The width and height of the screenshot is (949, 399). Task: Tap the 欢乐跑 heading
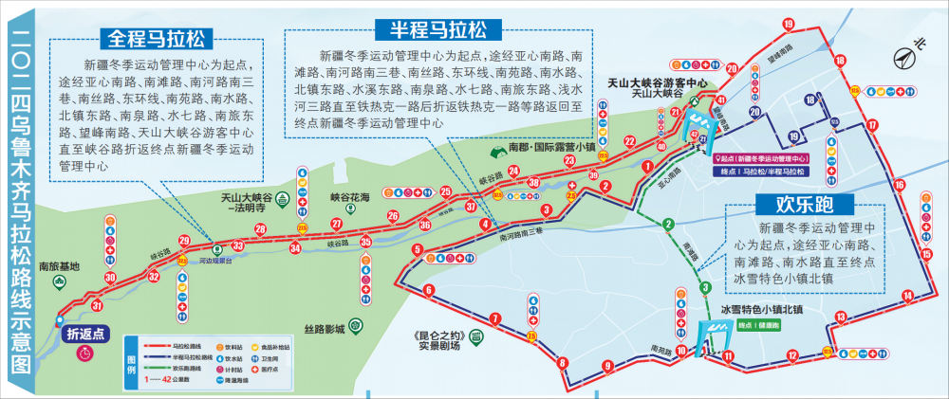coord(803,204)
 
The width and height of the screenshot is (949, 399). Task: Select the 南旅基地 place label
coord(60,265)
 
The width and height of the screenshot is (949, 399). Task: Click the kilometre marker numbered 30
coord(111,277)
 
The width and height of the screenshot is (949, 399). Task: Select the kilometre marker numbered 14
coord(908,296)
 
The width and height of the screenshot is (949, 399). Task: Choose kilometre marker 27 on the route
coord(336,224)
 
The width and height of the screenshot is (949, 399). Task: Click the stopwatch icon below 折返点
coord(85,353)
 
